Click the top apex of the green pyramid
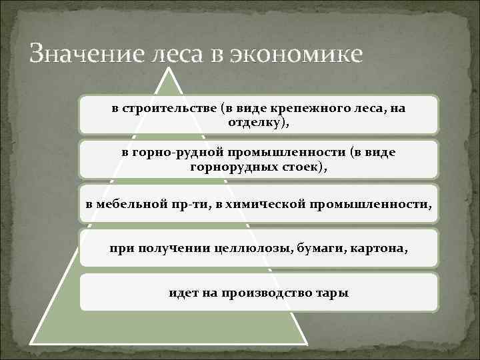tap(172, 67)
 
